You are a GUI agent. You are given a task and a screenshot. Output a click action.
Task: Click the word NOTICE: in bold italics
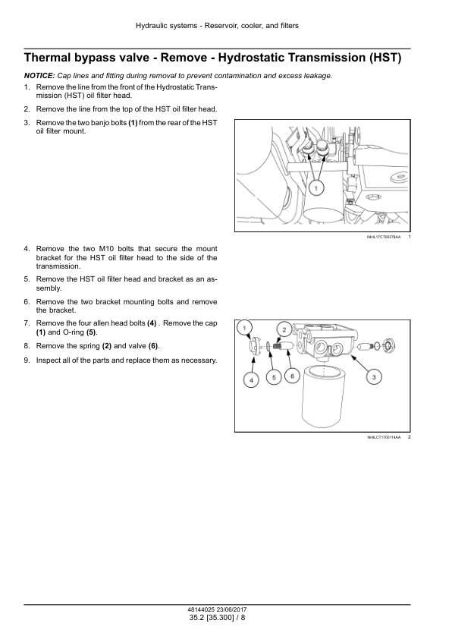click(x=39, y=75)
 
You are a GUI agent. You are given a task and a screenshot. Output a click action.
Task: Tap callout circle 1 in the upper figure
click(x=316, y=188)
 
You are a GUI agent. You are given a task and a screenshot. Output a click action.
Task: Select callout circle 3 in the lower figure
click(x=374, y=377)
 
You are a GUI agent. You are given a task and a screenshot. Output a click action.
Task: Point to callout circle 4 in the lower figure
click(x=251, y=380)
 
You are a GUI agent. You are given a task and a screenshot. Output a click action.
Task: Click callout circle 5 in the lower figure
click(x=274, y=377)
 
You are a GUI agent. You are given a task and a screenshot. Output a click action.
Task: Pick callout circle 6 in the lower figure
click(x=292, y=376)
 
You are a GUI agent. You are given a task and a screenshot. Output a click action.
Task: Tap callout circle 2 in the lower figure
click(x=284, y=329)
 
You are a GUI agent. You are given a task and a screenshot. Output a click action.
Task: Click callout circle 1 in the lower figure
click(x=244, y=328)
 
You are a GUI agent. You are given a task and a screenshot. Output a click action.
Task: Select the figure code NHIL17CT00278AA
click(x=384, y=237)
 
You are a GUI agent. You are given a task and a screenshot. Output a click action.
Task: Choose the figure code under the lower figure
click(x=384, y=437)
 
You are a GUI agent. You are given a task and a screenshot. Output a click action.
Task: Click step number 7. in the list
click(x=27, y=323)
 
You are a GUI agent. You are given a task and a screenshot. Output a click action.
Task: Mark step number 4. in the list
click(x=27, y=249)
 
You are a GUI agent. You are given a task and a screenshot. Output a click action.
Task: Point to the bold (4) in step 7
click(x=152, y=323)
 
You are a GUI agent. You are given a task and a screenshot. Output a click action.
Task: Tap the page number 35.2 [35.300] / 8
click(x=218, y=618)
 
